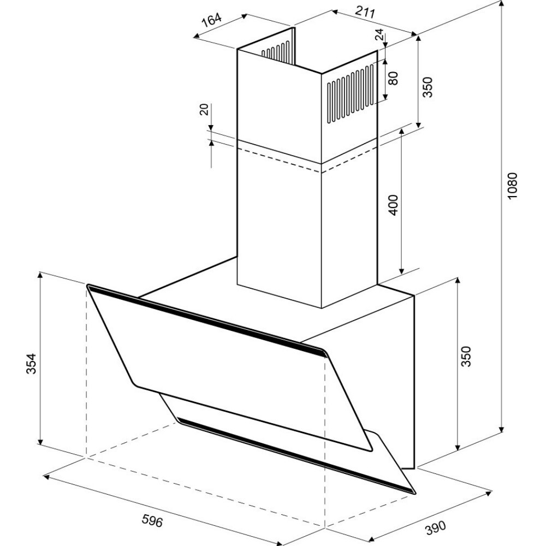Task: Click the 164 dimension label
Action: [212, 20]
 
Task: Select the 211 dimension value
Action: [365, 12]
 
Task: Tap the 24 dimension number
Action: [379, 34]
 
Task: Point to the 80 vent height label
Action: [393, 78]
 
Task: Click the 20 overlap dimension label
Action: [204, 109]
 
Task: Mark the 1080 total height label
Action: [513, 186]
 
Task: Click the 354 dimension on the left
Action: [31, 364]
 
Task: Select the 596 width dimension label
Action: [152, 520]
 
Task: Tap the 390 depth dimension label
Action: [435, 527]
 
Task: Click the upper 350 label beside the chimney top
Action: [428, 87]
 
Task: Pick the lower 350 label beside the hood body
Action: [466, 356]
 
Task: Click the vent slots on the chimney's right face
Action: [351, 93]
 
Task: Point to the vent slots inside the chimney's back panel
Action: [276, 52]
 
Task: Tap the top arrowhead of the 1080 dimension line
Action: [501, 3]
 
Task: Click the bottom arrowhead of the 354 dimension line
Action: [40, 442]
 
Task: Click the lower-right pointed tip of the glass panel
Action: [415, 493]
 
